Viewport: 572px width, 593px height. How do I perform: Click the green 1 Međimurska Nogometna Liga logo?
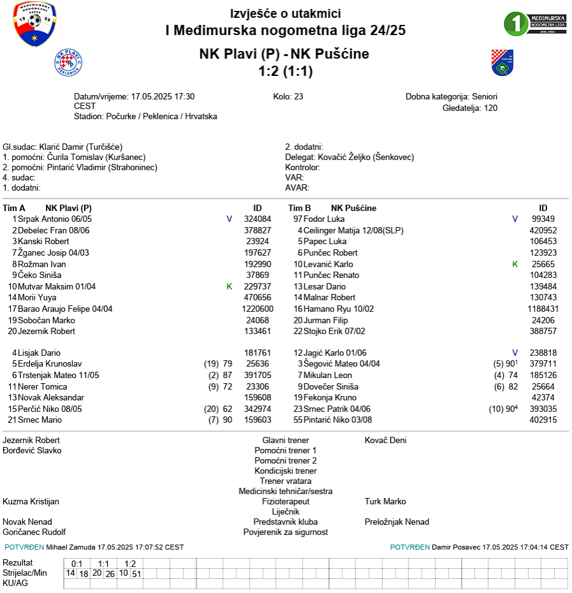tap(535, 24)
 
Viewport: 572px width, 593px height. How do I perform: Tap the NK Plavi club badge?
tap(68, 62)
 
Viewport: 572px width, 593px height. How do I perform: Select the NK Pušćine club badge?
tap(502, 62)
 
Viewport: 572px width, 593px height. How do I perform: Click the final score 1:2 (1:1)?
tap(285, 71)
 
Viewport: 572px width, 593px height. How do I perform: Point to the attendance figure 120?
tap(490, 108)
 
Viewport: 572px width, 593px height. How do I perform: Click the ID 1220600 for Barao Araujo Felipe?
tap(257, 309)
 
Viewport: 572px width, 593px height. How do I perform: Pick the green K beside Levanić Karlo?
tap(515, 264)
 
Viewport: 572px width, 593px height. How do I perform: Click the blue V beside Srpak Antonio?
tap(229, 219)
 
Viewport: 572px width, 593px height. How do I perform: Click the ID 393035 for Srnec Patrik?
tap(543, 409)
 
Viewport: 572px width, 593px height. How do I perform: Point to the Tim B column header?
tap(299, 208)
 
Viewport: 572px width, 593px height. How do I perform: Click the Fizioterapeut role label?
tap(285, 501)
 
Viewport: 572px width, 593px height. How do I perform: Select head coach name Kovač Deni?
tap(385, 440)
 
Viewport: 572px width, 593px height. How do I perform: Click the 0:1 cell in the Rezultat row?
tap(77, 564)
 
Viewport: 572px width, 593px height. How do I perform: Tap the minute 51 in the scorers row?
tap(136, 573)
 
